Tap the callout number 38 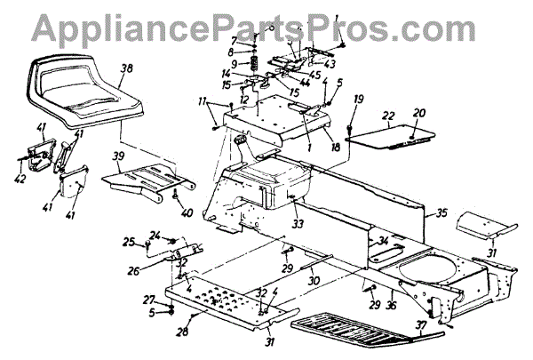[x=127, y=68]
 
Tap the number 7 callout [x=234, y=41]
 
